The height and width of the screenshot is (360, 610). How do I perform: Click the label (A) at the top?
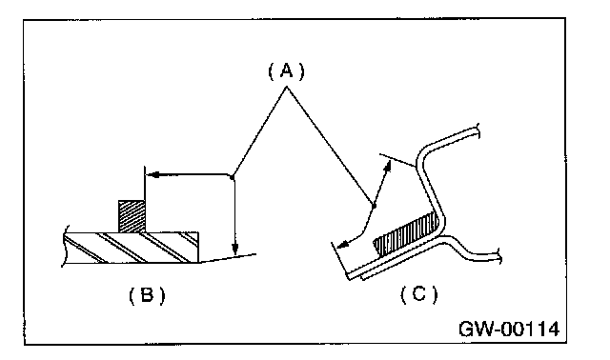286,71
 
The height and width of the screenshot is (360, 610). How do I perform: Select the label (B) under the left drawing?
147,295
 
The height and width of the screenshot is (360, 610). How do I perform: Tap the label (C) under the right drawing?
418,294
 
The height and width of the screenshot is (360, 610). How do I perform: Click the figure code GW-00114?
509,329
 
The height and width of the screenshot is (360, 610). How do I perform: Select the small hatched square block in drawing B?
132,216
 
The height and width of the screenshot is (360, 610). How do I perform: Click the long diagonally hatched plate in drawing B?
132,248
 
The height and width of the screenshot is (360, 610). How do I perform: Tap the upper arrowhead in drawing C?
387,167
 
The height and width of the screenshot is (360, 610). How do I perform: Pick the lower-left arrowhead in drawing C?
343,245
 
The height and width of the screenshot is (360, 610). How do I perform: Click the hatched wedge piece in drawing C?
407,233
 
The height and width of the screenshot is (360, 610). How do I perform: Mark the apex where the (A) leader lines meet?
287,87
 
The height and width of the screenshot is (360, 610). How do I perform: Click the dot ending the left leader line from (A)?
233,178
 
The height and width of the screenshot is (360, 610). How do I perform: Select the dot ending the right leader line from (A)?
374,206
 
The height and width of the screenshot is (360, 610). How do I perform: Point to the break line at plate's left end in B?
66,246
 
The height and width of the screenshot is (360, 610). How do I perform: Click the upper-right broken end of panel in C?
478,131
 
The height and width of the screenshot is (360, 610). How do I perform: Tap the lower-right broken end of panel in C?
498,257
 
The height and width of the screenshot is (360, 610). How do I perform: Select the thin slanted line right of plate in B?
228,258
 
